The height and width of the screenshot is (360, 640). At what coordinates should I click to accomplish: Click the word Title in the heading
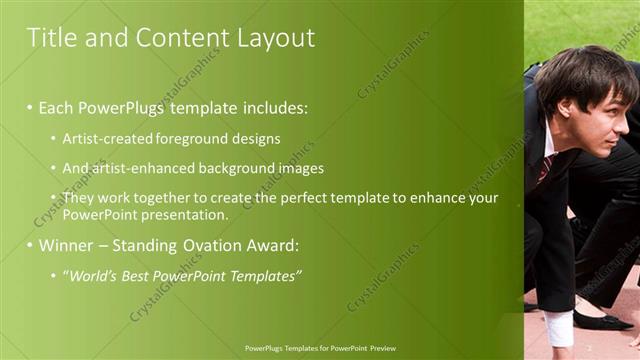click(x=50, y=38)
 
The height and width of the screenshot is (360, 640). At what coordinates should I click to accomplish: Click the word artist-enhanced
click(x=134, y=168)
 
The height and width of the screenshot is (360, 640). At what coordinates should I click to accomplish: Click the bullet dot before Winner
click(x=30, y=245)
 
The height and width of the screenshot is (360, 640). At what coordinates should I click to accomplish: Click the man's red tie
click(x=544, y=168)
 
